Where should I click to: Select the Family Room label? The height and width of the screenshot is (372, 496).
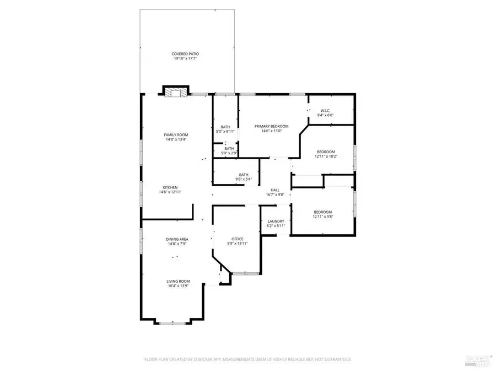[x=176, y=135]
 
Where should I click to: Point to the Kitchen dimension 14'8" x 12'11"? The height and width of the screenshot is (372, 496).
[x=170, y=192]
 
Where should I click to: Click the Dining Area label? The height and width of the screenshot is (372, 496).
[x=177, y=239]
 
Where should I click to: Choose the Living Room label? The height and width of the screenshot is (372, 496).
[x=178, y=282]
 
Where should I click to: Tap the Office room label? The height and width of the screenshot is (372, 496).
[x=238, y=239]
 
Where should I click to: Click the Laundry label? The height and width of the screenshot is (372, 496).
[x=276, y=221]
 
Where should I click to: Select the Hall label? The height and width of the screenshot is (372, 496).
[x=275, y=190]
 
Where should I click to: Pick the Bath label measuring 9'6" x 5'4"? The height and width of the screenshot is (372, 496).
[x=244, y=175]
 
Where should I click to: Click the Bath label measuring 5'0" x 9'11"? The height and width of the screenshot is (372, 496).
[x=225, y=127]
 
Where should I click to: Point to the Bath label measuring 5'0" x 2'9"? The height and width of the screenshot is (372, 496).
[x=229, y=148]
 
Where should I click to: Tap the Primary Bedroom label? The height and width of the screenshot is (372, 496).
[x=271, y=126]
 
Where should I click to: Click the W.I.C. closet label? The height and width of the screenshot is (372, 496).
[x=325, y=111]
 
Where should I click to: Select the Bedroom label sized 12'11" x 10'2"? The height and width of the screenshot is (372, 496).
[x=325, y=152]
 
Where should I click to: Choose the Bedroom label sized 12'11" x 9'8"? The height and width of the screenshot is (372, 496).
[x=323, y=212]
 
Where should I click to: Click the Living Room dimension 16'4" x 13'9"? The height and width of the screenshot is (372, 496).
[x=178, y=287]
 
